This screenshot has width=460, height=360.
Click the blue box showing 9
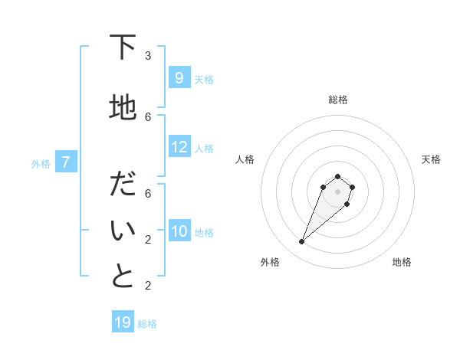[179, 77]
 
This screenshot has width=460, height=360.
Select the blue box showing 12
[179, 147]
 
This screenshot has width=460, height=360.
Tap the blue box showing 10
[179, 231]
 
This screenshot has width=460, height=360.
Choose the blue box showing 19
[123, 322]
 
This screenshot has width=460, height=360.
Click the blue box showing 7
[67, 162]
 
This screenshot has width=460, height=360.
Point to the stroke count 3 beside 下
[148, 55]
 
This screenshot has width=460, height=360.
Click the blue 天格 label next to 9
[204, 79]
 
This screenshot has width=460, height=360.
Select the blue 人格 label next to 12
[204, 149]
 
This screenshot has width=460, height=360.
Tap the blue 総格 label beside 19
[147, 324]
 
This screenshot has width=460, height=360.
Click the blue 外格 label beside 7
[41, 163]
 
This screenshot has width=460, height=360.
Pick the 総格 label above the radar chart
[337, 100]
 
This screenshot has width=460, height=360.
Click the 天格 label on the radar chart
[431, 159]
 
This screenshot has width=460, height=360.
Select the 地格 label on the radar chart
[402, 262]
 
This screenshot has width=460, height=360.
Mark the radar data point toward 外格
[301, 242]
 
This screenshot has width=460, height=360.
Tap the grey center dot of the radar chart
[337, 191]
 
